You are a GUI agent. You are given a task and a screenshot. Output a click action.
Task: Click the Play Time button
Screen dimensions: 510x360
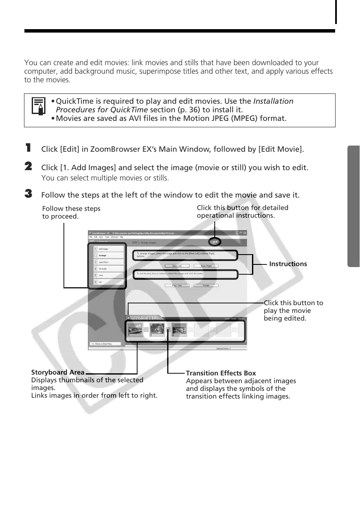(177, 285)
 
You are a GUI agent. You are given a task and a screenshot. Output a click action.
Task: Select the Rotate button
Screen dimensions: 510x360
(206, 285)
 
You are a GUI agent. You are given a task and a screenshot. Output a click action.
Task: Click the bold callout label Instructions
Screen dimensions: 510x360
(288, 264)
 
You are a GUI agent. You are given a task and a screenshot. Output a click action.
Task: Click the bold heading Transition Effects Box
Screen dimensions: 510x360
(221, 373)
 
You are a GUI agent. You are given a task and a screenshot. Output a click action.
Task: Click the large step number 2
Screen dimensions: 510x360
(29, 166)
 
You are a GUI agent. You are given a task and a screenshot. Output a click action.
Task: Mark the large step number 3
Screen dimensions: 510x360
(29, 194)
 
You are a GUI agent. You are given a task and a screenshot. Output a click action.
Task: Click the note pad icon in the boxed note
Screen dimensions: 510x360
(39, 107)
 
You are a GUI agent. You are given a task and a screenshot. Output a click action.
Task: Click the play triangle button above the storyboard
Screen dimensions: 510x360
(129, 318)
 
